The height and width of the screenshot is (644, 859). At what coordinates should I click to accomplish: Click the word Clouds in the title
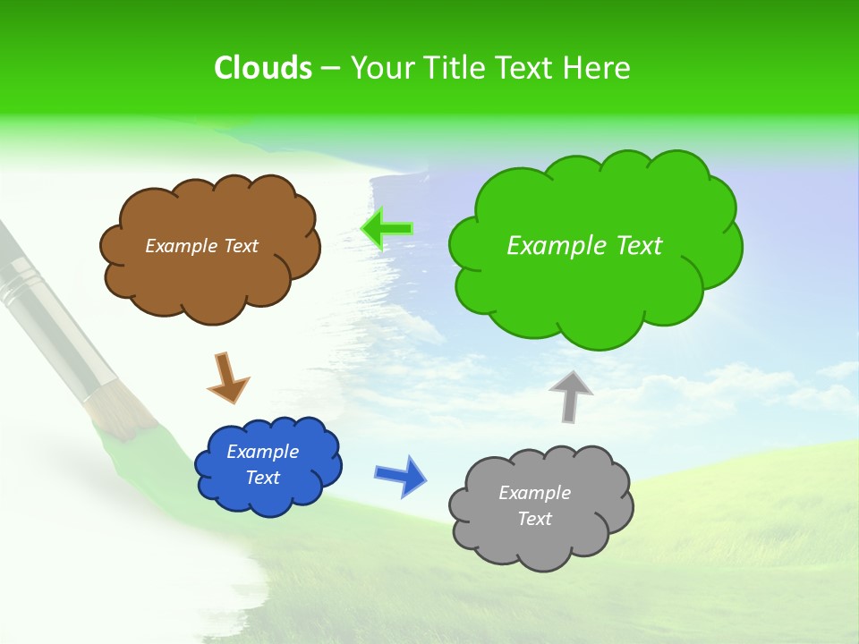click(x=262, y=68)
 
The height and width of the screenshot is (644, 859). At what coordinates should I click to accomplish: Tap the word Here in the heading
click(x=596, y=68)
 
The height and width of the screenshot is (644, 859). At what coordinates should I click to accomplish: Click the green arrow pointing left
click(x=387, y=229)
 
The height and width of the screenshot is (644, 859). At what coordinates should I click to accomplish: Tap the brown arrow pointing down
click(x=227, y=378)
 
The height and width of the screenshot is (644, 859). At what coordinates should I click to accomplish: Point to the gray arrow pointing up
click(x=571, y=395)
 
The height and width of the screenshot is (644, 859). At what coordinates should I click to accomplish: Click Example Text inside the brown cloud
click(x=201, y=246)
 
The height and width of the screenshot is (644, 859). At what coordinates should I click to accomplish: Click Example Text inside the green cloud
click(x=584, y=246)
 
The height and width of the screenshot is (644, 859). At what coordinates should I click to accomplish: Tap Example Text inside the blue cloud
click(x=263, y=464)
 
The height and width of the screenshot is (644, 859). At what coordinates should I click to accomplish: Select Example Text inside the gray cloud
click(x=534, y=505)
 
